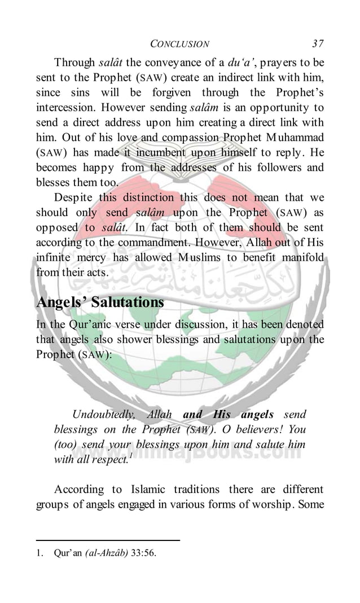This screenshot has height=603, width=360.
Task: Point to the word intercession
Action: (x=64, y=107)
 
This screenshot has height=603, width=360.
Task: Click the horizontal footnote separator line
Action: (x=107, y=540)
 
